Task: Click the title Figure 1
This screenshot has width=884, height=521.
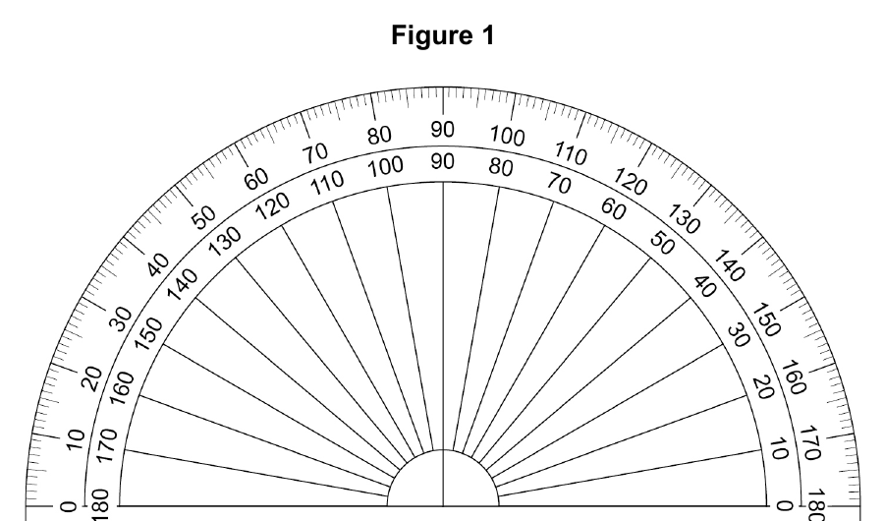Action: (x=443, y=35)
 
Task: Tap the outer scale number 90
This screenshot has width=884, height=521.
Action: (x=443, y=129)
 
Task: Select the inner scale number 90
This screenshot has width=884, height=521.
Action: (x=443, y=161)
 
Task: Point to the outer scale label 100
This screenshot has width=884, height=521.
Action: (x=508, y=136)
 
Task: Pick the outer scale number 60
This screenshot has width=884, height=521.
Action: (x=256, y=180)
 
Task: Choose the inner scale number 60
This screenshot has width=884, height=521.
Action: (x=613, y=208)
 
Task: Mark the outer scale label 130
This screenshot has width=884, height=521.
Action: (x=685, y=218)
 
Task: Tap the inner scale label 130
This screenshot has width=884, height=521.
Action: (x=225, y=241)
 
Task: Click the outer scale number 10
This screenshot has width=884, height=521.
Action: (x=75, y=439)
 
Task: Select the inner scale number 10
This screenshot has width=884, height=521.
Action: (x=778, y=450)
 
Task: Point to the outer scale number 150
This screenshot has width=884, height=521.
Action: (x=767, y=319)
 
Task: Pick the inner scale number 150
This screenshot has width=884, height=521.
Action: (x=149, y=333)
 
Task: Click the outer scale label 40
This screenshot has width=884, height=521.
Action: (x=158, y=264)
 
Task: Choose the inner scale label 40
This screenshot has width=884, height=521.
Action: (x=704, y=287)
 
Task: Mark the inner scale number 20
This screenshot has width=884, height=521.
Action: (x=763, y=387)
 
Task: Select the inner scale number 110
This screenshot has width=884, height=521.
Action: (x=327, y=182)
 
